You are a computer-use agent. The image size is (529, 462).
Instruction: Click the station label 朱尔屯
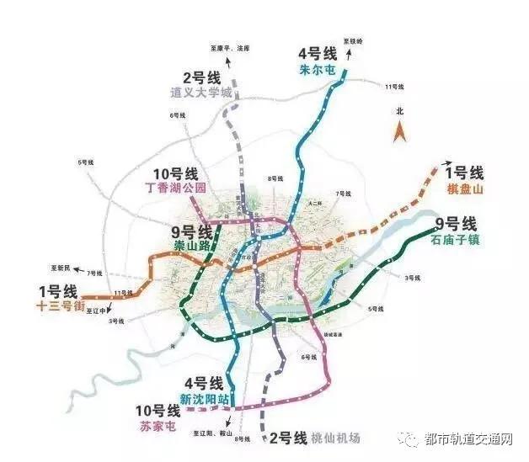point(318,71)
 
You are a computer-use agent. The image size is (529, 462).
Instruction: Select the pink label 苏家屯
point(158,427)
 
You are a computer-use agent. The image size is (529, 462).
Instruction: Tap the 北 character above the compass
point(401,111)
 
